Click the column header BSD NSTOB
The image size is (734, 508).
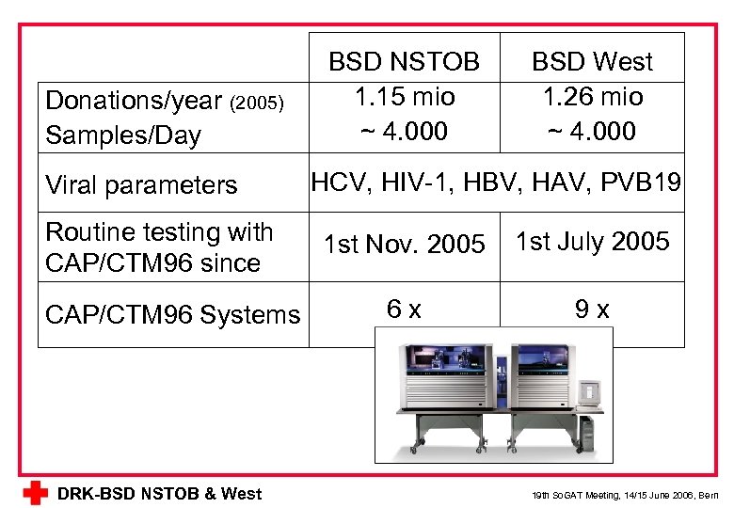(x=404, y=62)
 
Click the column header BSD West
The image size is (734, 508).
(x=592, y=62)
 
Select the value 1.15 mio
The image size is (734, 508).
(x=404, y=96)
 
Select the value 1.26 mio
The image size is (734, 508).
(x=592, y=96)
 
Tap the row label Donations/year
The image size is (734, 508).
(x=134, y=101)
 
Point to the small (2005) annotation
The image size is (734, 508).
(x=257, y=103)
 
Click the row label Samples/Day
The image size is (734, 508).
(x=123, y=135)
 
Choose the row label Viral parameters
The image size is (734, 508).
(x=141, y=185)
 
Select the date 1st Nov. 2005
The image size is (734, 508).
(x=404, y=246)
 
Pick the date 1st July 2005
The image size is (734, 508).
(x=592, y=242)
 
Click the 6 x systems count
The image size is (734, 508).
(x=404, y=308)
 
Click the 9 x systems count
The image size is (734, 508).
(x=592, y=309)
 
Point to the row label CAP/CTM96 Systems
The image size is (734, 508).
(x=172, y=314)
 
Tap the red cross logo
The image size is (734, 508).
(x=36, y=493)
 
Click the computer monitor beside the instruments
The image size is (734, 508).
(x=590, y=391)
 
